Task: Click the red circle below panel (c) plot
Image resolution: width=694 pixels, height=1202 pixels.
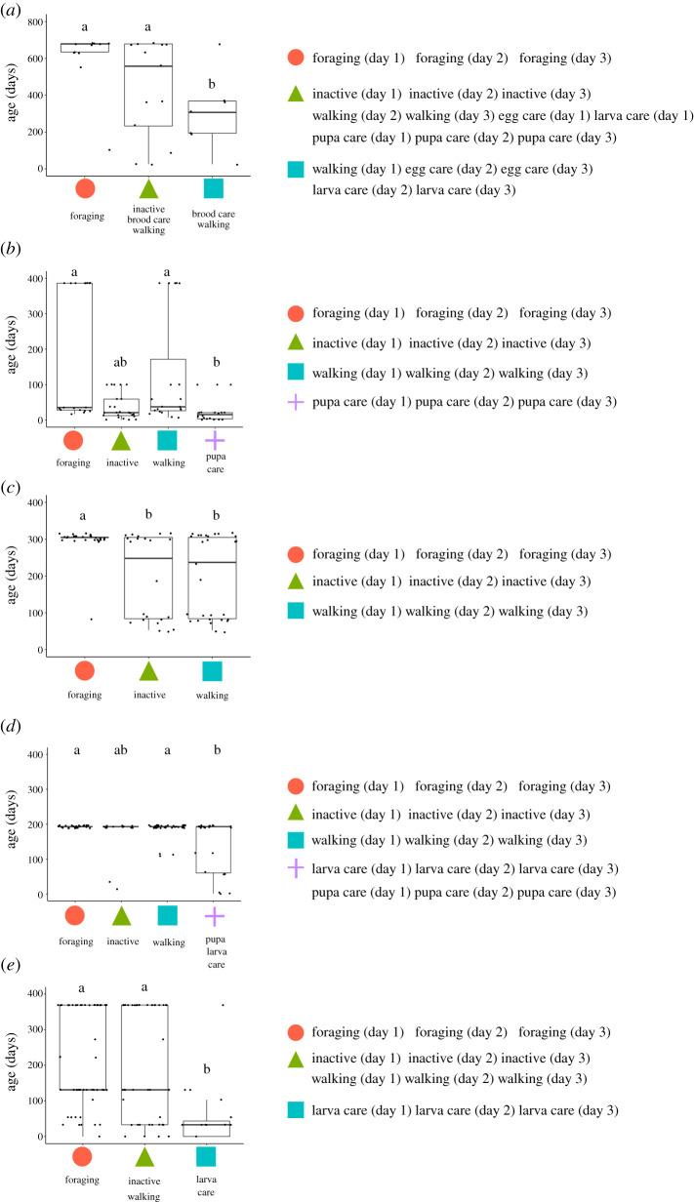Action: tap(84, 670)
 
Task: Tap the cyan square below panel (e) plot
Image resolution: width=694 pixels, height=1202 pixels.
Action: tap(206, 1156)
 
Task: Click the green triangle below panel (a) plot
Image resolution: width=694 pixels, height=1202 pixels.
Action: tap(148, 188)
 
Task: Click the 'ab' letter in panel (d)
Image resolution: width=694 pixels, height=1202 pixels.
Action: tap(122, 751)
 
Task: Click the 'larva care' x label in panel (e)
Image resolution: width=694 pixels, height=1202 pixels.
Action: tap(206, 1184)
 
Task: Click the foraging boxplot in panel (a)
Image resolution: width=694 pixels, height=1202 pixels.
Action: tap(84, 47)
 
